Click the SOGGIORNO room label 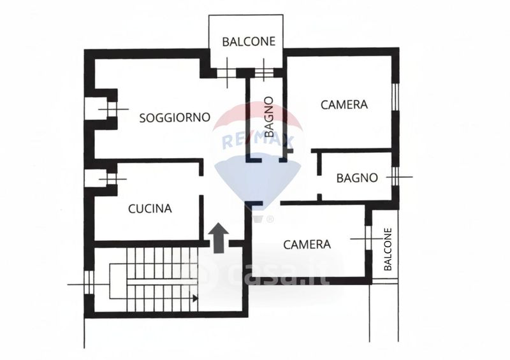175,117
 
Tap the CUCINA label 150,208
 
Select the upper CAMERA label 344,104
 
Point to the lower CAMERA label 307,244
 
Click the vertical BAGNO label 269,117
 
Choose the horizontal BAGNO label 358,178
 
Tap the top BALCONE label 249,41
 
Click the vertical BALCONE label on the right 388,250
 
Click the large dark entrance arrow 219,238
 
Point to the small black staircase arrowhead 195,298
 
